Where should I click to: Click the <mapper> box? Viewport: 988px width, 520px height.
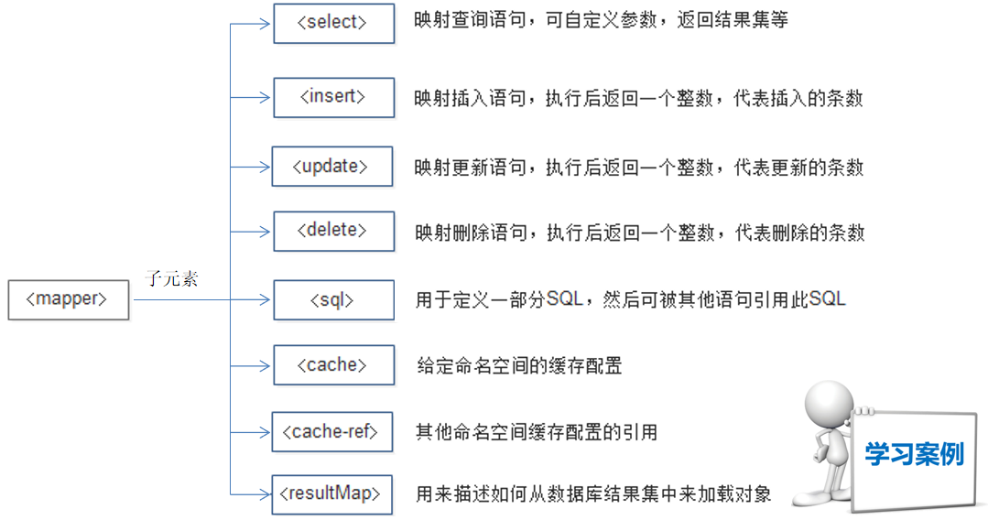coord(68,299)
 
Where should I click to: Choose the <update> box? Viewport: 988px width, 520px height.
coord(331,167)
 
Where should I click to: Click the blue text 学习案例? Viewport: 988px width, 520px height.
coord(915,453)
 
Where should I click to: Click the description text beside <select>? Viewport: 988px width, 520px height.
coord(601,20)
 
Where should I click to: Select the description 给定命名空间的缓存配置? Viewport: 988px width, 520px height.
coord(519,366)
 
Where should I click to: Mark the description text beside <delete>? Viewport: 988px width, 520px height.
coord(639,233)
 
